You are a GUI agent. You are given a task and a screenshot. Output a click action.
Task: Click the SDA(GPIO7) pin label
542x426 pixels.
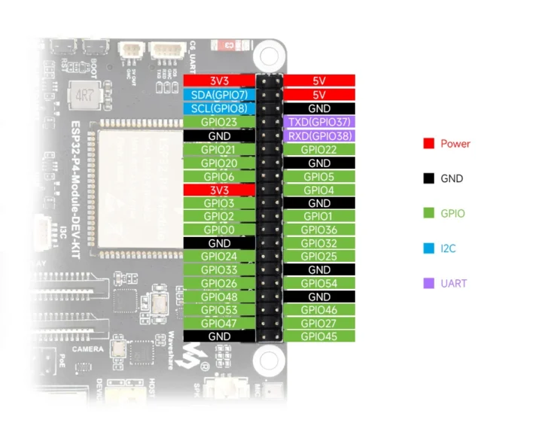[x=219, y=95]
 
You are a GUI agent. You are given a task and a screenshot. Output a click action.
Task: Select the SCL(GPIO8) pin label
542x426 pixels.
[x=219, y=108]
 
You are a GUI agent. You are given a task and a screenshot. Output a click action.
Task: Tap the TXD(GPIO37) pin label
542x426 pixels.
[x=319, y=122]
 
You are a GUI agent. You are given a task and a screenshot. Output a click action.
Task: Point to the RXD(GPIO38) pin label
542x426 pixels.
[x=319, y=135]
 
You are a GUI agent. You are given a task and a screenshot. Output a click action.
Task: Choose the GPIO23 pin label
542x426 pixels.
[x=219, y=122]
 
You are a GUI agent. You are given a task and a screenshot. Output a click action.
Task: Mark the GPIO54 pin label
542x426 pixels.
[x=319, y=284]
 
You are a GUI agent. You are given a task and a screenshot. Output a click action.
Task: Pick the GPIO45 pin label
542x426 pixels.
[x=319, y=336]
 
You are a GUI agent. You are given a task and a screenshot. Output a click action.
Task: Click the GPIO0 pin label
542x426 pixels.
[x=219, y=230]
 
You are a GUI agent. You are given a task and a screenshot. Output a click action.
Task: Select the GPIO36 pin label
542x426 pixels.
[x=319, y=230]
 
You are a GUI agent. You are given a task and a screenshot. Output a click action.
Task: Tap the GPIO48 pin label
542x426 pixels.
[x=219, y=297]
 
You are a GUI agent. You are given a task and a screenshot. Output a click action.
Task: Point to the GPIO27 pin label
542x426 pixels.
[x=319, y=323]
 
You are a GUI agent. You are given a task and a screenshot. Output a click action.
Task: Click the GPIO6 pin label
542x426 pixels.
[x=219, y=176]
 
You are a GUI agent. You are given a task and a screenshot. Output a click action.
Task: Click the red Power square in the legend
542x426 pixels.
[x=429, y=144]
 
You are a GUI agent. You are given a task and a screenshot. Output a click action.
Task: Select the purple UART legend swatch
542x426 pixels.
[x=429, y=284]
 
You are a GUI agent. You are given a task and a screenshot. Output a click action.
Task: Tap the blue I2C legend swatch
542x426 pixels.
[x=429, y=248]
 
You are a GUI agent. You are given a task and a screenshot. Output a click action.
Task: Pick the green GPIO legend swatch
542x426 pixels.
[x=429, y=214]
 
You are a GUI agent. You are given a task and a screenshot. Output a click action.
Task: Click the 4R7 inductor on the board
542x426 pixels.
[x=79, y=96]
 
